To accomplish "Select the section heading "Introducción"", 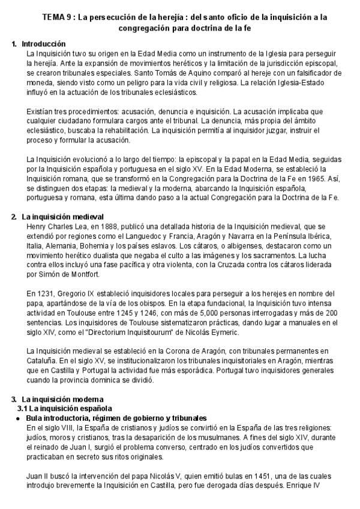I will (x=44, y=44).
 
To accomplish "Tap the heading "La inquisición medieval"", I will (x=63, y=216).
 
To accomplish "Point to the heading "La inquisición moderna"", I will (x=63, y=399).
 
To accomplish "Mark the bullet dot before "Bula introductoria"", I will (x=19, y=418).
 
